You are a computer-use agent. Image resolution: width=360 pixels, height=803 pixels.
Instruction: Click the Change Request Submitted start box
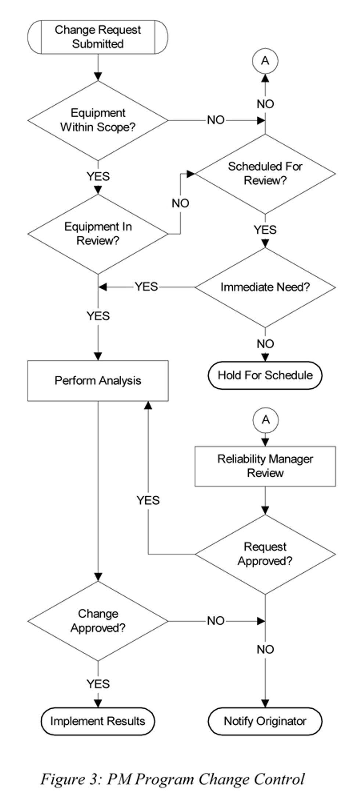click(x=98, y=37)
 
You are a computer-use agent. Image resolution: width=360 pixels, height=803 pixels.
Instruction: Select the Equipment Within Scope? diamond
click(x=98, y=120)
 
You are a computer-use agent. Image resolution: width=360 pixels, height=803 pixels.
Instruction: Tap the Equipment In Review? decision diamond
click(x=98, y=234)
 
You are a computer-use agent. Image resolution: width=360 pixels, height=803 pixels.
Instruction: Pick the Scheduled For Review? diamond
click(x=265, y=173)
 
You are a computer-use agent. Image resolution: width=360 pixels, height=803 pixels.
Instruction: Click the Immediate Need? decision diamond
click(x=265, y=287)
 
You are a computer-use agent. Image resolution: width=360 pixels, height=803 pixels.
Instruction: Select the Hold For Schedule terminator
click(x=265, y=375)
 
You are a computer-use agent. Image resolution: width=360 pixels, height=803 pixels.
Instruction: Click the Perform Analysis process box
click(x=98, y=381)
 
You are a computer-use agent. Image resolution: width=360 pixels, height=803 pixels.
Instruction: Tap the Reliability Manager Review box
click(x=265, y=466)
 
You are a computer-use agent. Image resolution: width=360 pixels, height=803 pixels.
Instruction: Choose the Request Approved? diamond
click(x=265, y=554)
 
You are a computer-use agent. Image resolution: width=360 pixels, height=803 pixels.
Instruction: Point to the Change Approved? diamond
click(x=98, y=621)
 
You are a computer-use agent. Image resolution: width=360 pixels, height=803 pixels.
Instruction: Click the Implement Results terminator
click(x=98, y=721)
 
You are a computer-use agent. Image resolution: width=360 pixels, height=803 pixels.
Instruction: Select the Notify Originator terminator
click(x=265, y=721)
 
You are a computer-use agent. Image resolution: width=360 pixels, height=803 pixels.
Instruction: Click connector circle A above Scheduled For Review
click(x=265, y=61)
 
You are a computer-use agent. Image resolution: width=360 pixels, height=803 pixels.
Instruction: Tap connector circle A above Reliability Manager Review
click(x=265, y=420)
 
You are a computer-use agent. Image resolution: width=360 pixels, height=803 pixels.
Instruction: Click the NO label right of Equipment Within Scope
click(x=216, y=120)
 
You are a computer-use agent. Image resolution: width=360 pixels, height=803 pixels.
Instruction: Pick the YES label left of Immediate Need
click(x=146, y=287)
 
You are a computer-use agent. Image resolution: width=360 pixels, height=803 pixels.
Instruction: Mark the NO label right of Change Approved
click(x=216, y=621)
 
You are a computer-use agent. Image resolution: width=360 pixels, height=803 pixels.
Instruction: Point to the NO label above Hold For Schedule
click(x=265, y=344)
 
